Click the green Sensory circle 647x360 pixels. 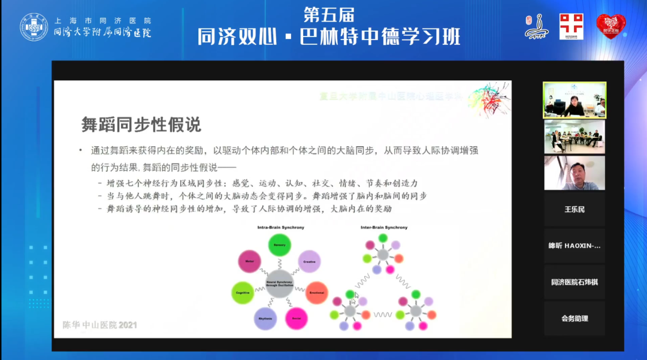[x=279, y=245]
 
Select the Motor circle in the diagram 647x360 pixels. [x=249, y=262]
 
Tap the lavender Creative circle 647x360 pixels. [x=309, y=262]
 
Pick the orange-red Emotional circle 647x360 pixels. [x=316, y=292]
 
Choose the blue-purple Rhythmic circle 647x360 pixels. [x=265, y=318]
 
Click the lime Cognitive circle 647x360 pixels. [x=243, y=292]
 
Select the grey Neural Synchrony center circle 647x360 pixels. [x=279, y=285]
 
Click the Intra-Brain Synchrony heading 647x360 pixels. [x=280, y=228]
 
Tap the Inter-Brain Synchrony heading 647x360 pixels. [x=383, y=228]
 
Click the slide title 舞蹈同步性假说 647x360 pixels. [x=141, y=125]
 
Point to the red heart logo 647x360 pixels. [x=610, y=26]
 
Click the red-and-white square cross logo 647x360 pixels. [x=571, y=26]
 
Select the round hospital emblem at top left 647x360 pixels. [x=34, y=26]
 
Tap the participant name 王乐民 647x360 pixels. [x=574, y=210]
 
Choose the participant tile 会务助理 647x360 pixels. [x=574, y=319]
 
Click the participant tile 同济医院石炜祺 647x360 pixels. [x=574, y=282]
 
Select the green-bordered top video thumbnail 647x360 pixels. [x=574, y=100]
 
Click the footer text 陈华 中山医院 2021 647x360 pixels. [x=100, y=325]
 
